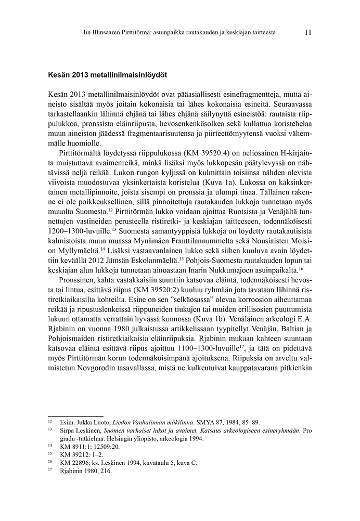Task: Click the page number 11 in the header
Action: [308, 32]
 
